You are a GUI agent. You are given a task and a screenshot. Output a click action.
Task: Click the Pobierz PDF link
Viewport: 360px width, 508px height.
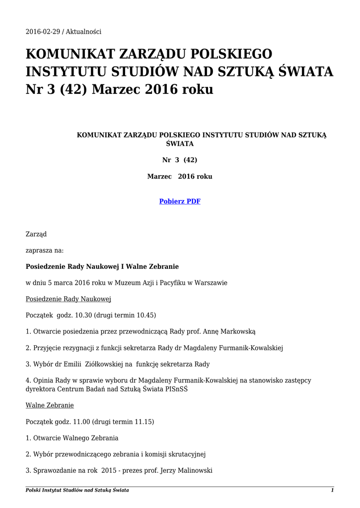(x=179, y=201)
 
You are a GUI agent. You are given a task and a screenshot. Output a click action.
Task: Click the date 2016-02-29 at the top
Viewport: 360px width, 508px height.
(x=43, y=32)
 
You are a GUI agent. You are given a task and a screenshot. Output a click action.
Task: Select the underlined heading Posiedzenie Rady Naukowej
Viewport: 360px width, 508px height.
(x=68, y=299)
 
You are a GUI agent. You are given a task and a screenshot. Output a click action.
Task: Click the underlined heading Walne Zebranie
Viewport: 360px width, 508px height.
(x=50, y=405)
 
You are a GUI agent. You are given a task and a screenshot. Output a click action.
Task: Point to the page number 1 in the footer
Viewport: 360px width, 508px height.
(x=332, y=490)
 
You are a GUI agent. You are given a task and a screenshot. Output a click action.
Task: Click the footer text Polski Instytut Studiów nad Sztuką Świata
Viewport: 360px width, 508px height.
(x=77, y=490)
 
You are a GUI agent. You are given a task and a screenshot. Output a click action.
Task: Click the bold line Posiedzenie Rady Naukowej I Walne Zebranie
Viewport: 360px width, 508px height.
(x=102, y=266)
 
